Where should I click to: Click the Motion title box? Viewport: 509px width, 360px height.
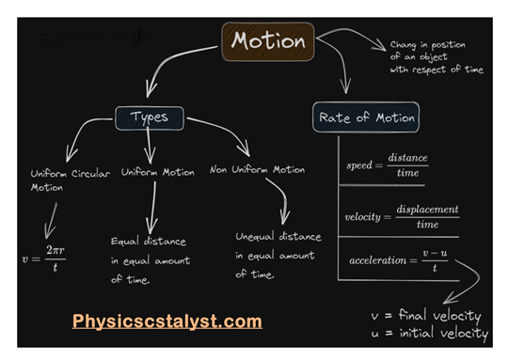tap(269, 42)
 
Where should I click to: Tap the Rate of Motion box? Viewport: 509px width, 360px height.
tap(365, 118)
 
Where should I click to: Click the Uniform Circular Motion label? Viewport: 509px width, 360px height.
tap(70, 180)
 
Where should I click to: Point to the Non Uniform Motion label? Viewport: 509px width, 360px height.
tap(257, 170)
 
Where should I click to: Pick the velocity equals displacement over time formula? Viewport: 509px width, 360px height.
tap(402, 217)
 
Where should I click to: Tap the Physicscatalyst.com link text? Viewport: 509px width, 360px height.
tap(167, 322)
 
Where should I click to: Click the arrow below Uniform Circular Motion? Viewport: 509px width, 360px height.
tap(51, 218)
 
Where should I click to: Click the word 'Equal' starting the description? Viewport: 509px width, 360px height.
tap(124, 241)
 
